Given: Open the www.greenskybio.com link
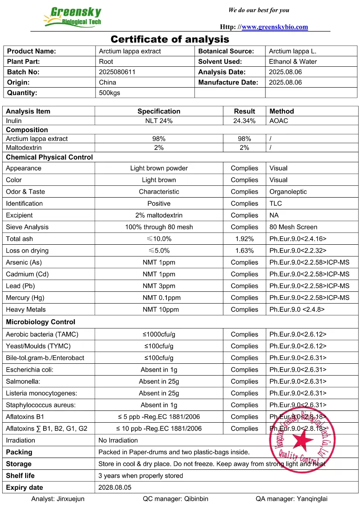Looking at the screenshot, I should click(x=275, y=27).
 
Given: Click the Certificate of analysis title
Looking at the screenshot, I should click(x=170, y=39).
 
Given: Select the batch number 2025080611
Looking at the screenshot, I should click(x=117, y=72).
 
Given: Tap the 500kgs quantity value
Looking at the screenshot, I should click(x=109, y=92).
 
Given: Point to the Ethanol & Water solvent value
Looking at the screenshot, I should click(x=293, y=62).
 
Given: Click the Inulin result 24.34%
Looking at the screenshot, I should click(x=244, y=121).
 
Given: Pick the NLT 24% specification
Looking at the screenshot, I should click(x=159, y=121).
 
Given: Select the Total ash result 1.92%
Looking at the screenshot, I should click(x=244, y=239).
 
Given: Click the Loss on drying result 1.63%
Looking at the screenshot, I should click(x=244, y=250).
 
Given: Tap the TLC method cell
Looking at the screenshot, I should click(x=275, y=203).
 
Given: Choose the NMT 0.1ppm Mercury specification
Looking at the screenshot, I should click(x=159, y=297).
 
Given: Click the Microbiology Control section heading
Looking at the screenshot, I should click(x=41, y=322).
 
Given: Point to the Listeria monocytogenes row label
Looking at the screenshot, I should click(x=41, y=393).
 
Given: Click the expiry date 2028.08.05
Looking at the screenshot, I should click(x=115, y=487).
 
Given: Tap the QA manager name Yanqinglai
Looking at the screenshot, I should click(x=312, y=499).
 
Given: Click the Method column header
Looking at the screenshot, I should click(x=282, y=111).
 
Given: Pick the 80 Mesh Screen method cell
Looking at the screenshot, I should click(x=293, y=227).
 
